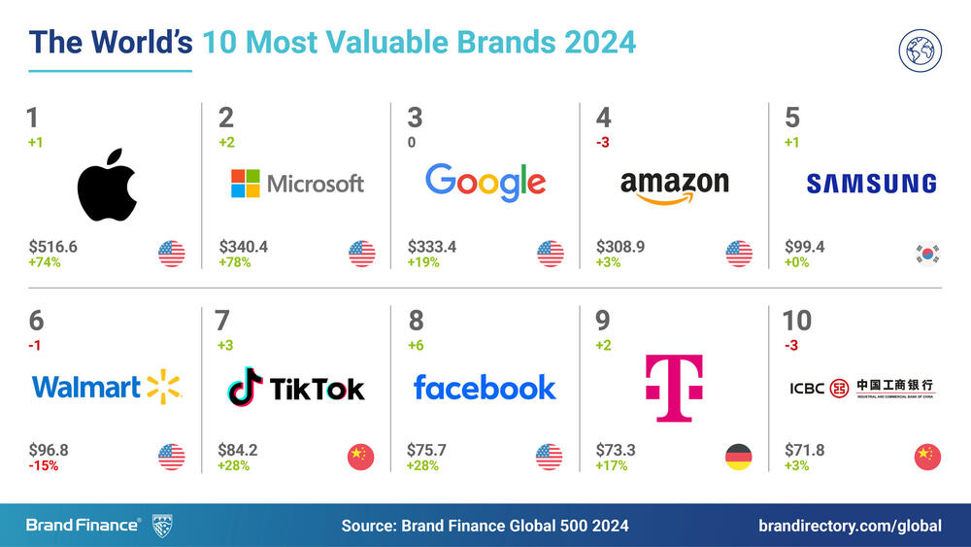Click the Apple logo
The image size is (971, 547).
point(107,186)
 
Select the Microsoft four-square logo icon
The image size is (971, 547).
point(245,184)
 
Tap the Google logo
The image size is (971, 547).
point(485,183)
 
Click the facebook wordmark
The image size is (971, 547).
point(485,387)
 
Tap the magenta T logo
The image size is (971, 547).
point(673,388)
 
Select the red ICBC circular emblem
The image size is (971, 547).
point(838,388)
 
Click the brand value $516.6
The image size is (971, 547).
point(53,247)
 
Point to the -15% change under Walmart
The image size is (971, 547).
point(44,465)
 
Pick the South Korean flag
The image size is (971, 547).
point(927,254)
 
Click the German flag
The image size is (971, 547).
point(739,457)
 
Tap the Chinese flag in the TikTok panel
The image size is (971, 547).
point(360,457)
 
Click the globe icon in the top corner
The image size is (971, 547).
point(921,51)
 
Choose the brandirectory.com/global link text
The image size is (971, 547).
point(850,526)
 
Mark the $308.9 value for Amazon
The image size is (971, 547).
point(620,247)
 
